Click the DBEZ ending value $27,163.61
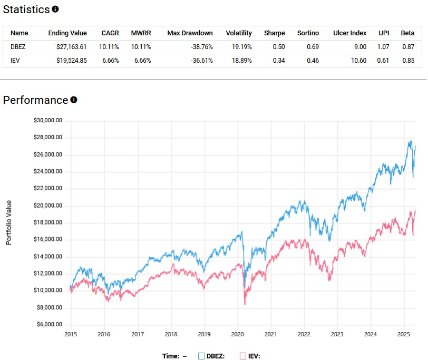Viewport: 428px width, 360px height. (x=67, y=46)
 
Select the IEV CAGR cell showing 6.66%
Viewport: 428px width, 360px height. (x=109, y=60)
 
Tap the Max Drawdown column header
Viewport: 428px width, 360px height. (x=190, y=33)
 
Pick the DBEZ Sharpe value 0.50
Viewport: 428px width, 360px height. (x=279, y=46)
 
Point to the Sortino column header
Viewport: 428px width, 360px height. (x=308, y=33)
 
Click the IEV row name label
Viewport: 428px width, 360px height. (x=15, y=60)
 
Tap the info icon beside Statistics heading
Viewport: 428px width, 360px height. (x=55, y=9)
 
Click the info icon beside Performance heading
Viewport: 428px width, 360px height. (x=74, y=100)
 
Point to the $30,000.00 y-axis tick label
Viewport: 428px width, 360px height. (x=48, y=120)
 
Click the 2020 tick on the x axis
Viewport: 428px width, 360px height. (x=238, y=334)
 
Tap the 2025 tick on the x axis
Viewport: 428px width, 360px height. (x=404, y=334)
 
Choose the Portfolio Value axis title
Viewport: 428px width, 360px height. (x=8, y=222)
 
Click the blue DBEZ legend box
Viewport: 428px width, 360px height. (x=201, y=356)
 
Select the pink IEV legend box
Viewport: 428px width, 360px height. (x=243, y=356)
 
